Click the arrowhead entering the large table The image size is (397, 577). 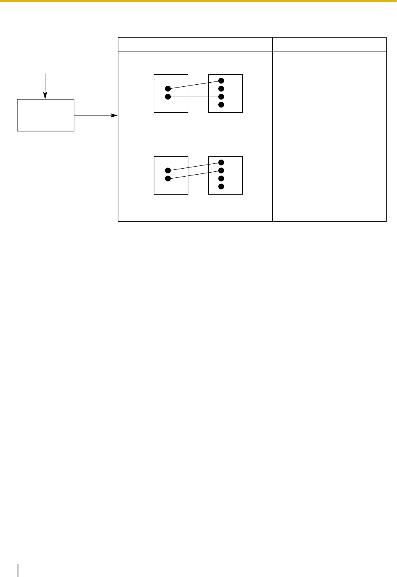click(x=115, y=115)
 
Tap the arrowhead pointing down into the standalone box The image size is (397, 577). click(x=45, y=96)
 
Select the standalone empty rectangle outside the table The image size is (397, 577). click(x=46, y=115)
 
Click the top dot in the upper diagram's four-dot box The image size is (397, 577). click(x=221, y=81)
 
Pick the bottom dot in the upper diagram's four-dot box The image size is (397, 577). click(x=221, y=105)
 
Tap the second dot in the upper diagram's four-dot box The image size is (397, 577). click(x=221, y=89)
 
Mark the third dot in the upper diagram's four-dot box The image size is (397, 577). click(x=221, y=97)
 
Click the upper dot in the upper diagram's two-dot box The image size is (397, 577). click(x=168, y=89)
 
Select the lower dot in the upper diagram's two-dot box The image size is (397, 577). click(x=168, y=97)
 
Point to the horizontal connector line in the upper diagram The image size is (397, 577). click(x=194, y=97)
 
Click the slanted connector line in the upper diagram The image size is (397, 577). click(x=194, y=85)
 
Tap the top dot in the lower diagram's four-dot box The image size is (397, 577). click(x=221, y=163)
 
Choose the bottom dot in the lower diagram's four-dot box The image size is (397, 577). click(x=221, y=187)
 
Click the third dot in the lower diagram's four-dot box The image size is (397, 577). click(x=221, y=179)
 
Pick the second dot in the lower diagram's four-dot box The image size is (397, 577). click(x=221, y=171)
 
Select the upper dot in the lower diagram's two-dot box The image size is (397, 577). click(x=168, y=171)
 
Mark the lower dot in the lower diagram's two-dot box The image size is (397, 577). click(x=168, y=179)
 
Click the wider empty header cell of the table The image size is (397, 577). click(x=195, y=44)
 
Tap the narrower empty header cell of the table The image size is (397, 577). click(x=329, y=44)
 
